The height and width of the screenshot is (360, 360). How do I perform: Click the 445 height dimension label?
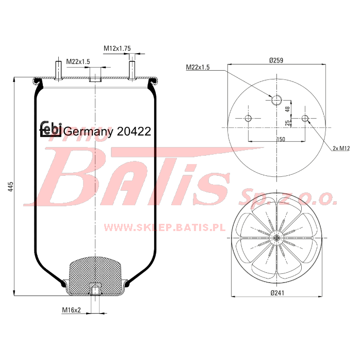(x=10, y=186)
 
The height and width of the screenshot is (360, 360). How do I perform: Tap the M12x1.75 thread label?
(x=117, y=48)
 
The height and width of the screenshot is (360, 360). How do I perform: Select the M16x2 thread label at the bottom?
(x=71, y=310)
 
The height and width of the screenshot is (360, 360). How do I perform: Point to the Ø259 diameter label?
(x=276, y=60)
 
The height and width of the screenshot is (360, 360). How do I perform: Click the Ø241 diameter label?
(x=277, y=293)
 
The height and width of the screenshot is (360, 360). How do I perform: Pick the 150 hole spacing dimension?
(x=281, y=139)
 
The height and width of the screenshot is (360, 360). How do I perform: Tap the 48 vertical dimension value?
(x=287, y=109)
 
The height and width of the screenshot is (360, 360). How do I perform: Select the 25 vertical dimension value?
(x=287, y=123)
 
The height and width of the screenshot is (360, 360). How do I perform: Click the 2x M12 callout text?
(x=341, y=149)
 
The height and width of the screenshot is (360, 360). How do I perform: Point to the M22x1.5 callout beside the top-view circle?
(x=198, y=67)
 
